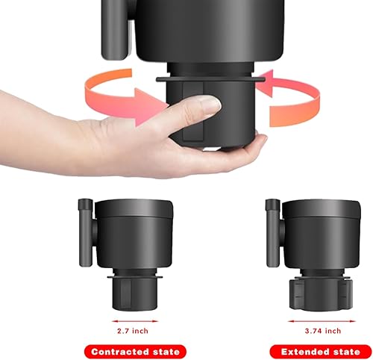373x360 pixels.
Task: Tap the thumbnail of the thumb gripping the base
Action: point(210,107)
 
